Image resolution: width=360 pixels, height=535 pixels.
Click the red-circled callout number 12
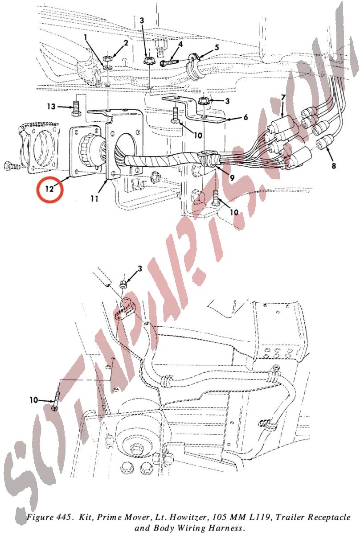click(49, 189)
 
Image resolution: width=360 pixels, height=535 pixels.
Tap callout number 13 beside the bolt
click(51, 106)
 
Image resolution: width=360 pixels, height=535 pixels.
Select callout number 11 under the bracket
click(94, 198)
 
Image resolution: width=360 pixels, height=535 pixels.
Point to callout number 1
click(85, 37)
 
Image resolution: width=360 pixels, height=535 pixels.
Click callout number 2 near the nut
click(126, 43)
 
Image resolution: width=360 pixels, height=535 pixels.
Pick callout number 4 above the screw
click(180, 44)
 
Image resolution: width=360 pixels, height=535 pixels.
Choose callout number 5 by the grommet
click(217, 47)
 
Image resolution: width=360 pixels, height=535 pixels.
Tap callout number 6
click(245, 117)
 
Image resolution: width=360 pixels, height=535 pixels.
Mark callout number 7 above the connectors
click(283, 98)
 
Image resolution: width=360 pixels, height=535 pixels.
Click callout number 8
click(334, 165)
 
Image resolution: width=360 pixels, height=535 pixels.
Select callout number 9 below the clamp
click(231, 177)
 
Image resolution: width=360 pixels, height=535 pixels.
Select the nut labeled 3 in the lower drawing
click(123, 284)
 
